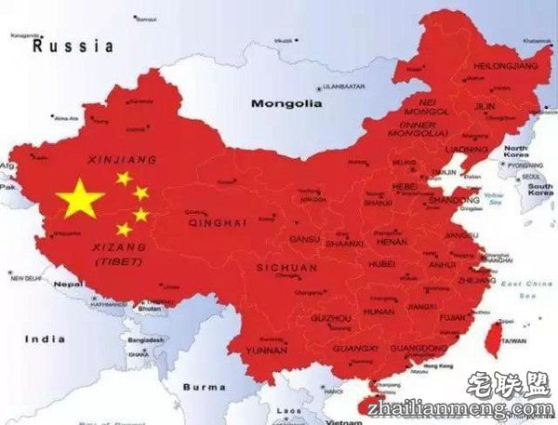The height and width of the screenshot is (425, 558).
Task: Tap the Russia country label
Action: pyautogui.click(x=73, y=46)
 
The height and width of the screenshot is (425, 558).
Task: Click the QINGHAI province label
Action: pyautogui.click(x=217, y=223)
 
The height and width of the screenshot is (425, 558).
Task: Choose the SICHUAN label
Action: pyautogui.click(x=286, y=268)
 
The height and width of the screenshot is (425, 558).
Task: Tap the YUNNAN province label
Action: pyautogui.click(x=266, y=351)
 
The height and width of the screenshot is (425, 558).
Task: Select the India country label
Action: pyautogui.click(x=46, y=339)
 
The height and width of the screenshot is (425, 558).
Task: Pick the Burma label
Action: pyautogui.click(x=204, y=386)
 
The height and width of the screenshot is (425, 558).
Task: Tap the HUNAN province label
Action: pyautogui.click(x=379, y=311)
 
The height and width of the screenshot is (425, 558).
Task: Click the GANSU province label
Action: pyautogui.click(x=304, y=239)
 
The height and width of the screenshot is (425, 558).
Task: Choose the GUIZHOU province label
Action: pyautogui.click(x=330, y=318)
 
